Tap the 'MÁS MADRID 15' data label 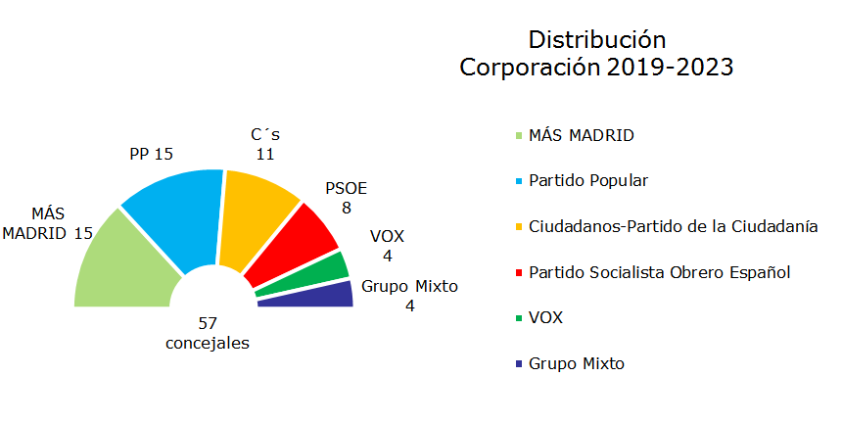[48, 223]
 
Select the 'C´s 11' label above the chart [264, 144]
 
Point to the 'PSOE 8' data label [346, 198]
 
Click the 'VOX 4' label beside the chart [387, 246]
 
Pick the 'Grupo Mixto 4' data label [409, 296]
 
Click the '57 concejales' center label [207, 333]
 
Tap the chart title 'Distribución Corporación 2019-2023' [597, 54]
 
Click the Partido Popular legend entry [588, 181]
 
